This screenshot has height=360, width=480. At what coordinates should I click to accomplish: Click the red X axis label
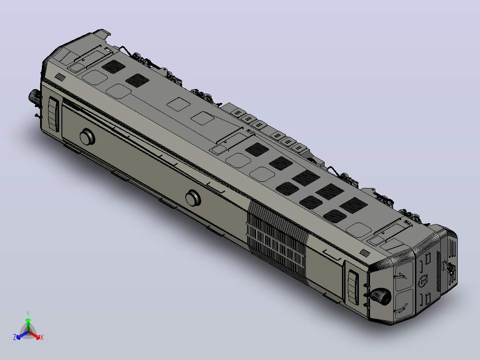pyautogui.click(x=42, y=337)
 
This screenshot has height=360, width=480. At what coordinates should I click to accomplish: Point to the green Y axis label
pyautogui.click(x=28, y=313)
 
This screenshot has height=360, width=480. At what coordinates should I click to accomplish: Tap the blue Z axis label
pyautogui.click(x=15, y=337)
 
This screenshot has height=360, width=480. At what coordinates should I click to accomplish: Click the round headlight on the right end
pyautogui.click(x=381, y=296)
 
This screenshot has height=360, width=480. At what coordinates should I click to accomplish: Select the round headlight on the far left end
pyautogui.click(x=35, y=96)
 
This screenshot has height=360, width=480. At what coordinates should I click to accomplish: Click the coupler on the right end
pyautogui.click(x=450, y=268)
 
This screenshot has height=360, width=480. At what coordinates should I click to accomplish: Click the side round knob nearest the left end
pyautogui.click(x=88, y=137)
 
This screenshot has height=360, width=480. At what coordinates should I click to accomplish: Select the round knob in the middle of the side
pyautogui.click(x=193, y=198)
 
